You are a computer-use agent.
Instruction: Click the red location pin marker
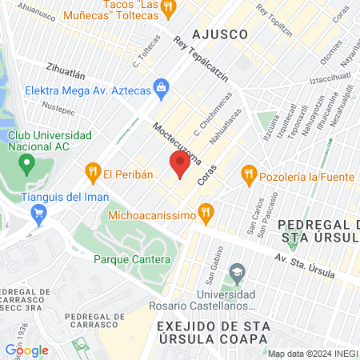point(180,164)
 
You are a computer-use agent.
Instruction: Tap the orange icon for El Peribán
point(93,171)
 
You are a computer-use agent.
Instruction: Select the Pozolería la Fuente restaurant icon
point(249,172)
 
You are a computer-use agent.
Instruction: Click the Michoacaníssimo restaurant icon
point(206,213)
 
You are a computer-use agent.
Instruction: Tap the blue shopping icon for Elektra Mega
point(161,86)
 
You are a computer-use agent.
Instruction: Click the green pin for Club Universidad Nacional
point(26,165)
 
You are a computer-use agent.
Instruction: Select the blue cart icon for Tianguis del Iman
point(38,213)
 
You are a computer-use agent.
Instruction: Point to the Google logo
point(26,350)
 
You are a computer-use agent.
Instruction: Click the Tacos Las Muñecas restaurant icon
point(167,8)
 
